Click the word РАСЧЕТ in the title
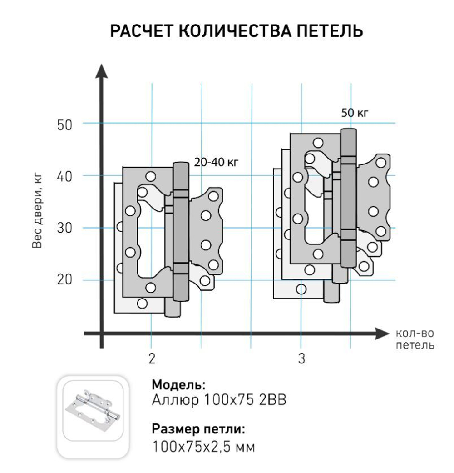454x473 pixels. pos(141,32)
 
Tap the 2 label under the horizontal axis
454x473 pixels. pos(152,359)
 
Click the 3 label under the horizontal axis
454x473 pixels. pos(301,359)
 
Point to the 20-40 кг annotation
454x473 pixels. pos(216,162)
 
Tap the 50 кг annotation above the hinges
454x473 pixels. pos(355,113)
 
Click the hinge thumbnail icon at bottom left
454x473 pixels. pos(93,411)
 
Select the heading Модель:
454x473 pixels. pos(178,385)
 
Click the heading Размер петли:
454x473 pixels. pos(199,429)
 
